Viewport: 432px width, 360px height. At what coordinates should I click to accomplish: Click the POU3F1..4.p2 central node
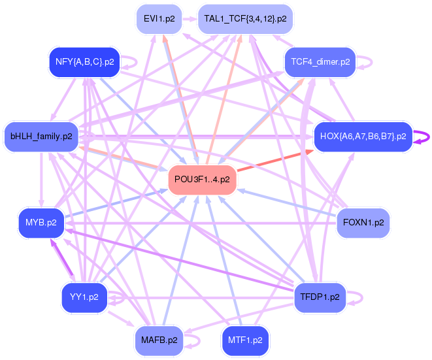[202, 180]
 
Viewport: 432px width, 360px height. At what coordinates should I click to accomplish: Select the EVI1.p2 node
[159, 19]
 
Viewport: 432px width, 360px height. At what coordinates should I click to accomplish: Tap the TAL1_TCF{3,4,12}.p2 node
[245, 19]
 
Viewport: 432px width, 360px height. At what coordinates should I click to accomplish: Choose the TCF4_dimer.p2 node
[318, 63]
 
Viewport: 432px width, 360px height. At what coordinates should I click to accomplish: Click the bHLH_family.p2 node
[41, 137]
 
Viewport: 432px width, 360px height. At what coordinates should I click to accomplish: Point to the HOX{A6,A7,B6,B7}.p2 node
[363, 137]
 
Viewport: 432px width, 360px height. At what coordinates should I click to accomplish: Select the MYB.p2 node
[41, 223]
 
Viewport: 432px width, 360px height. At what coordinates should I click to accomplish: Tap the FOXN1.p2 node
[363, 223]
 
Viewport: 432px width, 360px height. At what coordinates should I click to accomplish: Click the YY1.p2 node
[84, 297]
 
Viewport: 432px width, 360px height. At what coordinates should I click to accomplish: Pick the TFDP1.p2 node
[320, 297]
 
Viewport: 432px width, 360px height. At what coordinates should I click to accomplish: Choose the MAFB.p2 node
[159, 340]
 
